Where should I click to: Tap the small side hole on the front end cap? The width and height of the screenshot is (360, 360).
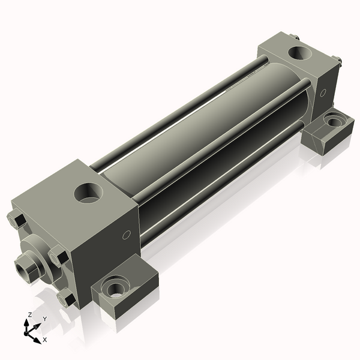coord(125,235)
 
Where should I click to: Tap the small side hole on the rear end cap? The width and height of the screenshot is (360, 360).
coord(323,93)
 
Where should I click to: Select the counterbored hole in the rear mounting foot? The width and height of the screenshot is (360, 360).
coord(332,122)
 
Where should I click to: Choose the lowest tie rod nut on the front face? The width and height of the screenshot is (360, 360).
coord(65,297)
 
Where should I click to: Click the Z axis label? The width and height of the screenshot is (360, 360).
coord(29,314)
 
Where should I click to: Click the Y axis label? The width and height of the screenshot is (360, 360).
coord(44,319)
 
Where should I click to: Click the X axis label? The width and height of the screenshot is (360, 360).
coord(44,340)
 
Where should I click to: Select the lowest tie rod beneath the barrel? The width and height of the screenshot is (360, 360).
coord(222,180)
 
